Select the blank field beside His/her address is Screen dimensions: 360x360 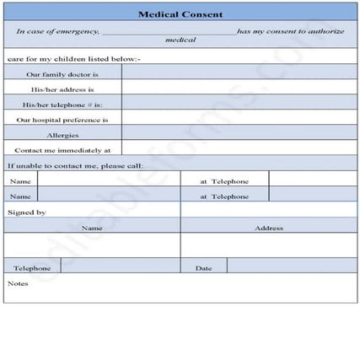tap(239, 89)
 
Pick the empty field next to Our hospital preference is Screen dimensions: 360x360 tap(239, 119)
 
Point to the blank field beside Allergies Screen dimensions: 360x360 tap(239, 134)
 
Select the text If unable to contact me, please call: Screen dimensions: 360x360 tap(75, 165)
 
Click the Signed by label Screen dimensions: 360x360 tap(26, 212)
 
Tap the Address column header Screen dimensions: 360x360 tap(268, 227)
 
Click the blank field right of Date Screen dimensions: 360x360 tap(291, 267)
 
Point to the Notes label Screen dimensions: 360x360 tap(18, 283)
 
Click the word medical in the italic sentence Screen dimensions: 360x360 tap(180, 40)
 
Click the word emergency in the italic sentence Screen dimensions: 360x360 tap(79, 31)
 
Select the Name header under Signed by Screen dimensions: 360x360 tap(92, 227)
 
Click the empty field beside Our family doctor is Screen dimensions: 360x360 tap(239, 73)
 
